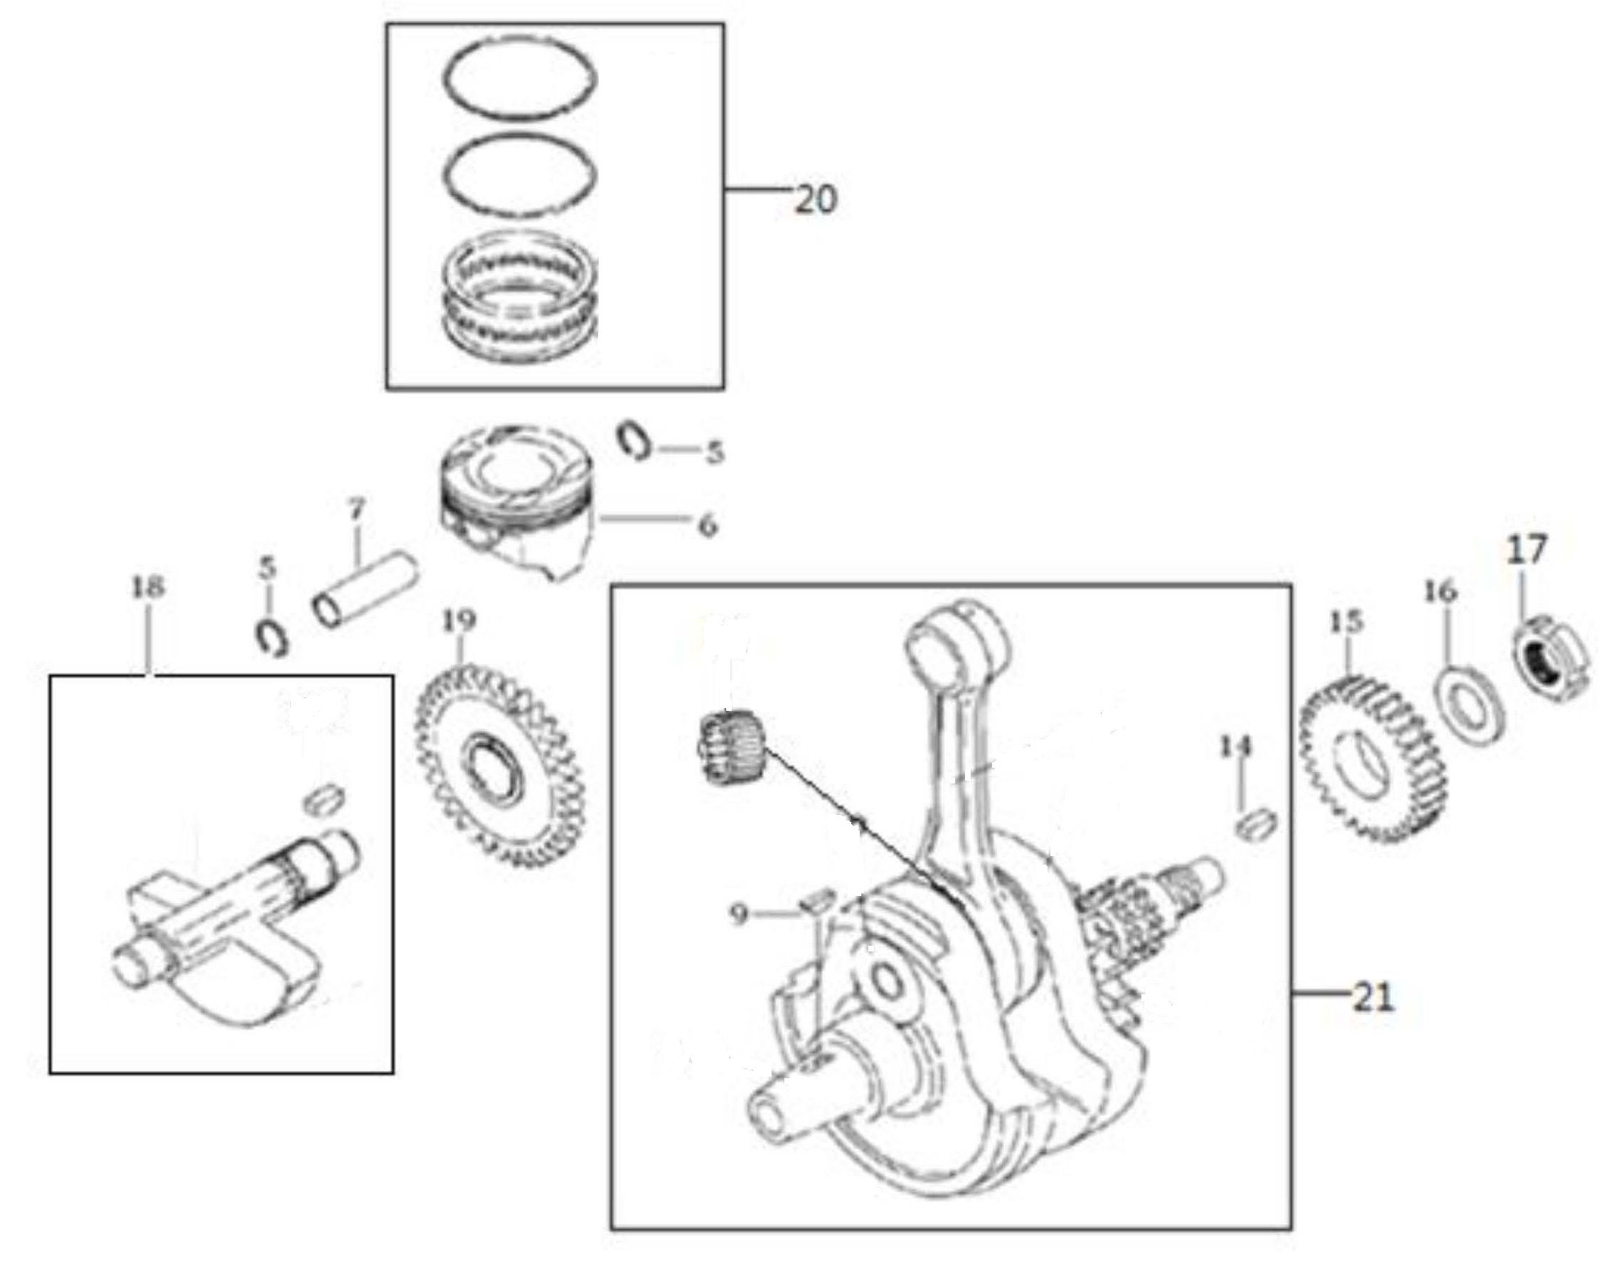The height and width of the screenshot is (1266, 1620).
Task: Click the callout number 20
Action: pyautogui.click(x=815, y=200)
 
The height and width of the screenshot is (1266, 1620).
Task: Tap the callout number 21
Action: pyautogui.click(x=1372, y=999)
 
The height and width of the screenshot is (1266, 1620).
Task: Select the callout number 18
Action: pyautogui.click(x=148, y=588)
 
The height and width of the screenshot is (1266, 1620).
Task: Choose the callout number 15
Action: pyautogui.click(x=1346, y=621)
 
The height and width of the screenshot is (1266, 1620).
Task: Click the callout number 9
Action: pyautogui.click(x=739, y=915)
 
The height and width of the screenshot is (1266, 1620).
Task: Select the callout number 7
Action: pyautogui.click(x=356, y=510)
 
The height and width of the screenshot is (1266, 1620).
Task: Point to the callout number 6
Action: pyautogui.click(x=708, y=525)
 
